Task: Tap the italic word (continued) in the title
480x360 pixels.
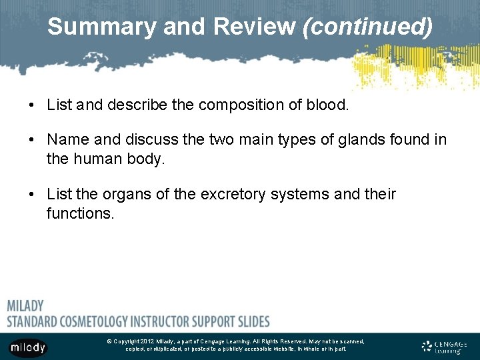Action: click(367, 27)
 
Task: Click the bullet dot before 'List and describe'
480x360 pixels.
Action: click(32, 105)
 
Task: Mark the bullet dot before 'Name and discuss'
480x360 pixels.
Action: click(32, 140)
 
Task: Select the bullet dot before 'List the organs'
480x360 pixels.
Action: click(32, 195)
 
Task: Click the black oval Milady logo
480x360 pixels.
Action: click(27, 347)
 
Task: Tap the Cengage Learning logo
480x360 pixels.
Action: click(444, 346)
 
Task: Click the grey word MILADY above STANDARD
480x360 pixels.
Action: click(25, 306)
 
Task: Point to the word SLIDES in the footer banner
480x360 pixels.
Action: click(252, 321)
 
